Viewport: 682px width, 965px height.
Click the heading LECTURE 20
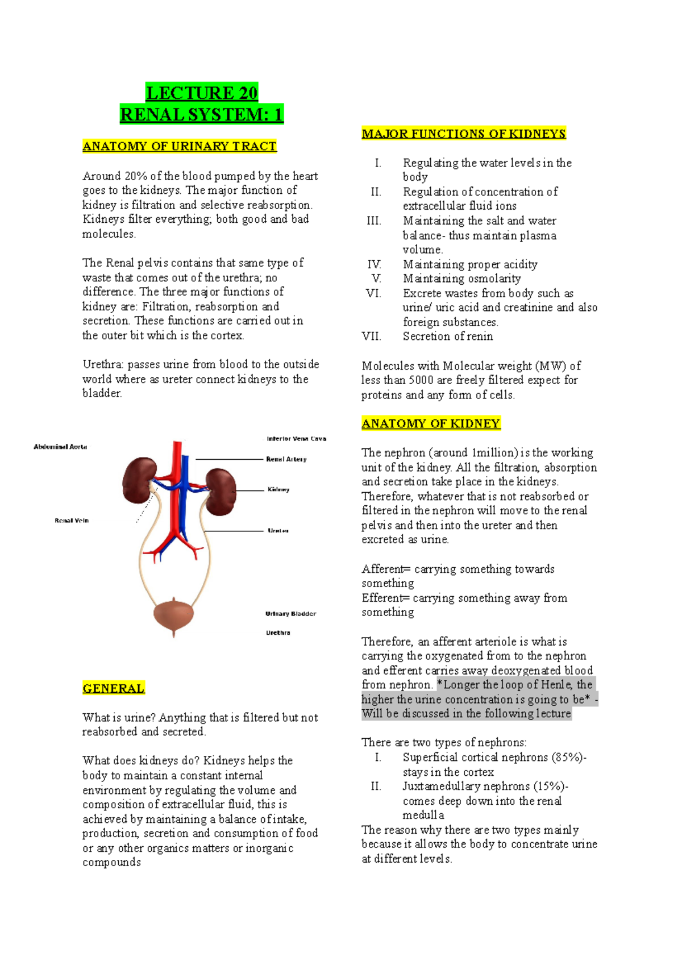click(202, 93)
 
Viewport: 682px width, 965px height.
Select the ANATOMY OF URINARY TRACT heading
click(180, 146)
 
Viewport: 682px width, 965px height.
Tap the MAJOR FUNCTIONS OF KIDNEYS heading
click(464, 134)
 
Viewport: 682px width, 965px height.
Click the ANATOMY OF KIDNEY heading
click(431, 423)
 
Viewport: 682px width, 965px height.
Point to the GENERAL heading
click(114, 688)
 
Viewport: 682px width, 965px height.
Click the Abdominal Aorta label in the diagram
click(60, 447)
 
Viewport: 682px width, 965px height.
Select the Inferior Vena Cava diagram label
click(296, 439)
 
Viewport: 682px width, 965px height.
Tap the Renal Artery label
click(286, 459)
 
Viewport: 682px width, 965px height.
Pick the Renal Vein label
click(72, 521)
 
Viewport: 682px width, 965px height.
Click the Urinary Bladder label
click(291, 614)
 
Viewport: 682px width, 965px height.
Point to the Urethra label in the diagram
click(278, 633)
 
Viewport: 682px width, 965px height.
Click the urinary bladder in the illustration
click(174, 615)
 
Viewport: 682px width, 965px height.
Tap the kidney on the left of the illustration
click(139, 480)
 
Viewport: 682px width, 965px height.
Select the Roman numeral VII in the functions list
click(371, 336)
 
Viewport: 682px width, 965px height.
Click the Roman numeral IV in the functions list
click(374, 264)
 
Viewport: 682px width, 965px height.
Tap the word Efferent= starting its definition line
click(385, 598)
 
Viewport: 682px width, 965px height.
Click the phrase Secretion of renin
click(448, 336)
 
